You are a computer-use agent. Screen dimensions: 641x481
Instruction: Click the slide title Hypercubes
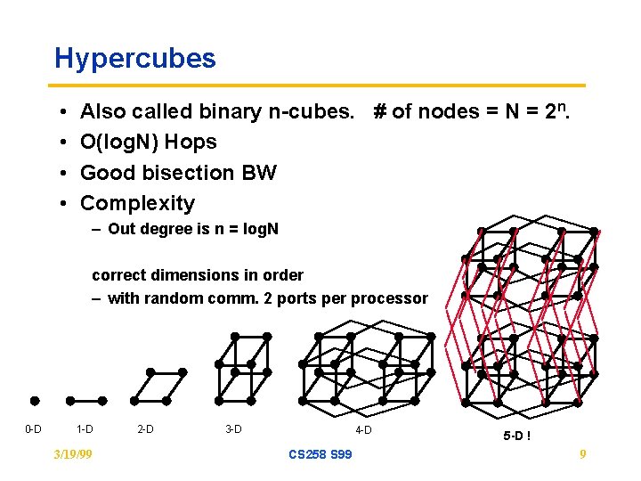[x=134, y=59]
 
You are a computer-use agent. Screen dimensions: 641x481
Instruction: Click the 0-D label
[x=32, y=429]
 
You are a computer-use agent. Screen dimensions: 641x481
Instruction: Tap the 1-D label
[x=85, y=429]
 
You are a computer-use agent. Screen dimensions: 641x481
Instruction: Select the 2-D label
[x=145, y=429]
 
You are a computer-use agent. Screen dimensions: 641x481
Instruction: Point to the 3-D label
[x=233, y=429]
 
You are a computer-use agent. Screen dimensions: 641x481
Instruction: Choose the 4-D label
[x=363, y=431]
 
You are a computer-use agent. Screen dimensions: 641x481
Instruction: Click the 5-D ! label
[x=517, y=436]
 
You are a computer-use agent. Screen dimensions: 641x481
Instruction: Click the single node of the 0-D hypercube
[x=34, y=401]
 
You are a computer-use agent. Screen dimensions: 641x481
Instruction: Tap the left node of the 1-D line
[x=69, y=401]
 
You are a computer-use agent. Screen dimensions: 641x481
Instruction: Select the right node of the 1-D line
[x=102, y=401]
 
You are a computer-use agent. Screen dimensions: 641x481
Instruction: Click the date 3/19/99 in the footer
[x=74, y=454]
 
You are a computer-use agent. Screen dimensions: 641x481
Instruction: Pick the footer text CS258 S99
[x=320, y=454]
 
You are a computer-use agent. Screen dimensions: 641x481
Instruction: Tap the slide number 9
[x=582, y=454]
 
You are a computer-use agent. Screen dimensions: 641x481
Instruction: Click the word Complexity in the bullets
[x=137, y=203]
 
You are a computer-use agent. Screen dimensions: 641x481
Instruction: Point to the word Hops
[x=191, y=142]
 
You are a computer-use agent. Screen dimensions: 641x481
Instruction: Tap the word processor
[x=392, y=298]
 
